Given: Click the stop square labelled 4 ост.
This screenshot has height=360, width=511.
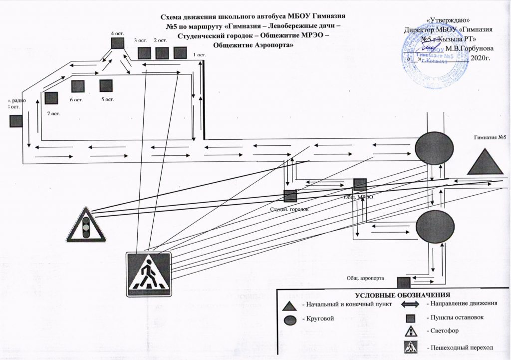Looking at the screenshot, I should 117,43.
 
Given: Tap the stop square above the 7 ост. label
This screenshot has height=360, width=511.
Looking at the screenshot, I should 51,98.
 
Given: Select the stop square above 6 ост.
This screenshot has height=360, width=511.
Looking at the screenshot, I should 77,86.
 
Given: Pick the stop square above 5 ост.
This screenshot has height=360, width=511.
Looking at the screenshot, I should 106,86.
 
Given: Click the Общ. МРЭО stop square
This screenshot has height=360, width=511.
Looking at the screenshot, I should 360,184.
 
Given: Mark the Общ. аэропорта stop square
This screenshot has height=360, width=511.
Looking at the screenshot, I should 403,283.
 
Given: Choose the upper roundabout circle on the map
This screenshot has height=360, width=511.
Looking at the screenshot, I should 435,148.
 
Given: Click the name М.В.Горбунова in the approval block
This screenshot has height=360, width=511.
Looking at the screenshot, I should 470,48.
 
